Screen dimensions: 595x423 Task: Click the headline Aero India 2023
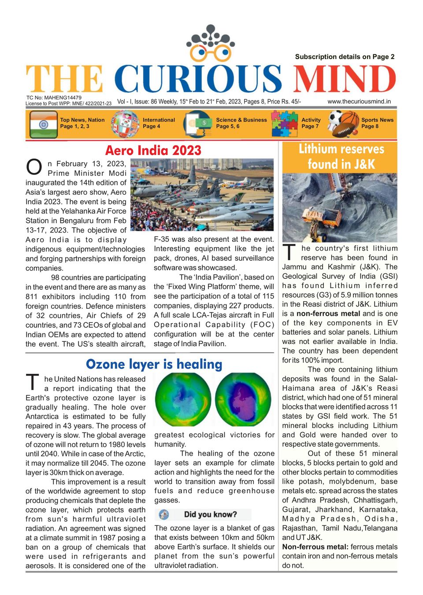153,151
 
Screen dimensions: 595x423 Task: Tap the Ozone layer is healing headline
154,364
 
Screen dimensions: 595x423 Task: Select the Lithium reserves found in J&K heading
341,157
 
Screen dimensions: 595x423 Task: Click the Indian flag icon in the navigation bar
43,124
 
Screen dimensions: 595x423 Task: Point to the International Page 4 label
159,123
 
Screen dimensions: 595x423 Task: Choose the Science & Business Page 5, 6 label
241,123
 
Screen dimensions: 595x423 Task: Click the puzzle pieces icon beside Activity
284,123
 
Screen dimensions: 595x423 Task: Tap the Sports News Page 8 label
377,123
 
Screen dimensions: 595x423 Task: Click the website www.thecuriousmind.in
359,101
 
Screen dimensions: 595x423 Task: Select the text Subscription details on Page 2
345,56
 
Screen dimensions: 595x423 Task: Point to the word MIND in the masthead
344,80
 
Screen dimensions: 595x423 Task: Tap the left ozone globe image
183,400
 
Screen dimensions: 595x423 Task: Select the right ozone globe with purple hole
243,400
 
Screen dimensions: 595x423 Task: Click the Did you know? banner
203,514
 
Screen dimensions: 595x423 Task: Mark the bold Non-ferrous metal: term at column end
315,547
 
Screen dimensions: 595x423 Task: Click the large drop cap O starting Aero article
34,168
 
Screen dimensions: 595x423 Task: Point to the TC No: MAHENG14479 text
54,98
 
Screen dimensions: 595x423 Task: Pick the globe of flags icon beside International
125,124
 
